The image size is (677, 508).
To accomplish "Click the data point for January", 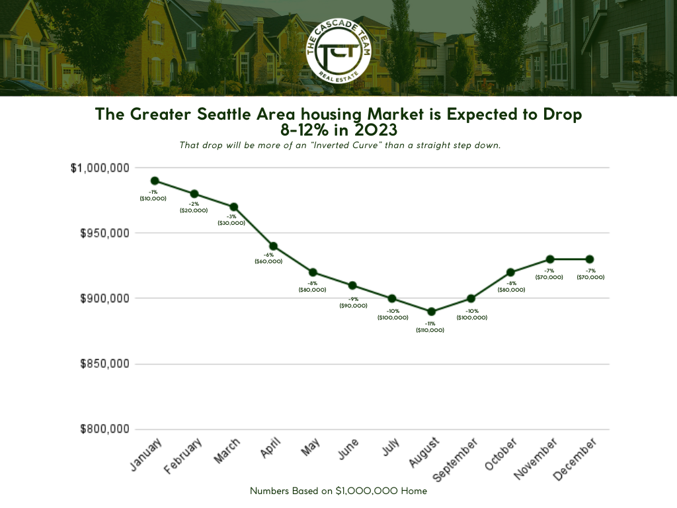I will [x=154, y=181].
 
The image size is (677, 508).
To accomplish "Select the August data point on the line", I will [x=431, y=312].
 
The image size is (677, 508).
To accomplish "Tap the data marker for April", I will [x=273, y=246].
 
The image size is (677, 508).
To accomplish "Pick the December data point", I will [x=589, y=259].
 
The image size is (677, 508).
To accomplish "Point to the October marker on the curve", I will [x=510, y=273].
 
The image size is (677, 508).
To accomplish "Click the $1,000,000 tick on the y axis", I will [x=100, y=168].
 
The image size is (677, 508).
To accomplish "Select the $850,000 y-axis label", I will [x=104, y=364].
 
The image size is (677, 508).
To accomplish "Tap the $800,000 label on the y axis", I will [x=104, y=429].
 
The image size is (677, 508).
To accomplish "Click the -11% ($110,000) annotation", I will [x=430, y=327].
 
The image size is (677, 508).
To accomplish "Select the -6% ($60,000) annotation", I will [x=268, y=258].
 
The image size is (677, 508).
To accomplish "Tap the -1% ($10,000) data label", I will [x=153, y=195].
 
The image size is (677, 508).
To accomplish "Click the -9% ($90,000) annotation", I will [x=353, y=302].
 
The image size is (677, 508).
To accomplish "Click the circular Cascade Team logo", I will [x=338, y=48].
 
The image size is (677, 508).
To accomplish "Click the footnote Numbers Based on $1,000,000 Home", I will [x=338, y=491].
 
